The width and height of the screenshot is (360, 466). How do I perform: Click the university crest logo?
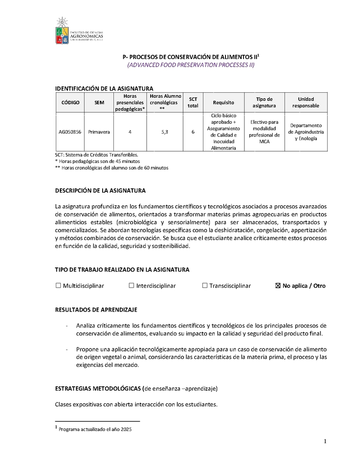tap(62, 31)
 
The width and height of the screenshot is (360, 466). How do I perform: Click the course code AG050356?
tap(70, 132)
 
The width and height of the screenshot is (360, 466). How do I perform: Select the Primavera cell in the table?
tap(99, 132)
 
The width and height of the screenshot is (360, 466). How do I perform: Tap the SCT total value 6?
tap(193, 132)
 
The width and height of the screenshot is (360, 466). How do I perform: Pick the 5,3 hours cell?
tap(165, 132)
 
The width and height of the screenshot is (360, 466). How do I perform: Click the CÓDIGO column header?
tap(70, 103)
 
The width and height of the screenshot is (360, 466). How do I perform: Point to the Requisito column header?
tap(223, 103)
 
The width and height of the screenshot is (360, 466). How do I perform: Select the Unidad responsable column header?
tap(306, 102)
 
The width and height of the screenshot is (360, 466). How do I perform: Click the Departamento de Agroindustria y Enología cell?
tap(306, 132)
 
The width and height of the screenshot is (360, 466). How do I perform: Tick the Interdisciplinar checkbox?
tap(131, 285)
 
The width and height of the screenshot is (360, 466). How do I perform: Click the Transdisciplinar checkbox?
tap(205, 285)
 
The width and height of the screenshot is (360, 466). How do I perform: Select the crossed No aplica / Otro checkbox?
tap(277, 285)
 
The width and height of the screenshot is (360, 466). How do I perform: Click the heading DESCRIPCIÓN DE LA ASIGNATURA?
tap(100, 191)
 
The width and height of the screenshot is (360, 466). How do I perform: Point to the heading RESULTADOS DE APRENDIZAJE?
tap(96, 310)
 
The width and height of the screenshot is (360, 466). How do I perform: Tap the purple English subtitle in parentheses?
tap(191, 65)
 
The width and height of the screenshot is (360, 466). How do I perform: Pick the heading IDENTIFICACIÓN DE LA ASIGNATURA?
tap(104, 88)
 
